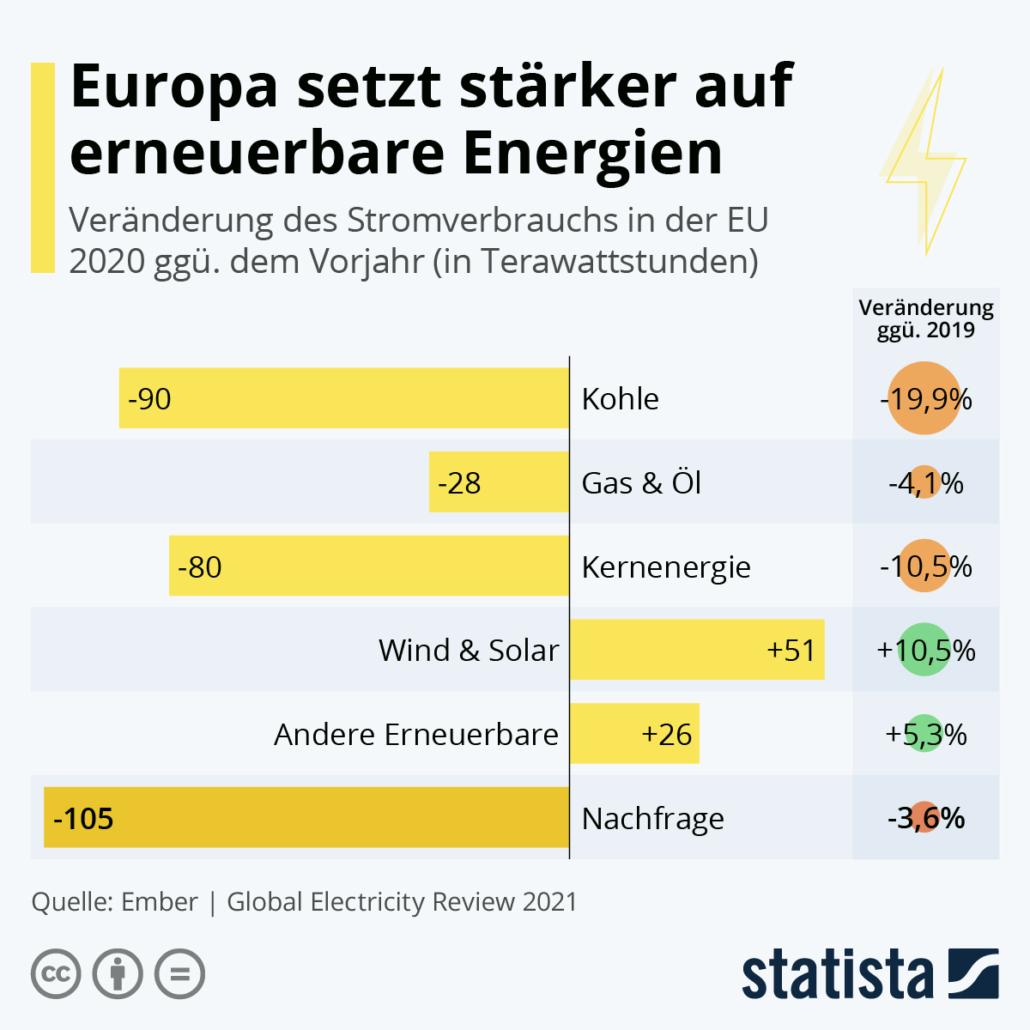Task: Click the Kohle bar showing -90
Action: pyautogui.click(x=344, y=398)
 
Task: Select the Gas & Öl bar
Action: pyautogui.click(x=499, y=482)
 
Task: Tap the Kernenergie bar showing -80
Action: pyautogui.click(x=369, y=566)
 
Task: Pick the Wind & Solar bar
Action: pyautogui.click(x=697, y=650)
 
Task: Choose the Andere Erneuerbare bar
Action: pyautogui.click(x=634, y=734)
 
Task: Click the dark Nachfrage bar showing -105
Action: pyautogui.click(x=306, y=818)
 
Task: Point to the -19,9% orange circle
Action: pyautogui.click(x=925, y=399)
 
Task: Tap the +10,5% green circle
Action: pyautogui.click(x=925, y=650)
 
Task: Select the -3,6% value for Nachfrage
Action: pyautogui.click(x=925, y=818)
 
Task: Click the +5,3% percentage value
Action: pyautogui.click(x=925, y=734)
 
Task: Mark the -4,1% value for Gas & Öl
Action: pyautogui.click(x=925, y=483)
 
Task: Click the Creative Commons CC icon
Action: pyautogui.click(x=55, y=972)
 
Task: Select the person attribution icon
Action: pyautogui.click(x=117, y=972)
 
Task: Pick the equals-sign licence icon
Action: pyautogui.click(x=179, y=972)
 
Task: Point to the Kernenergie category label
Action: pyautogui.click(x=666, y=567)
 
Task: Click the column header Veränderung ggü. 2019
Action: pyautogui.click(x=925, y=319)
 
